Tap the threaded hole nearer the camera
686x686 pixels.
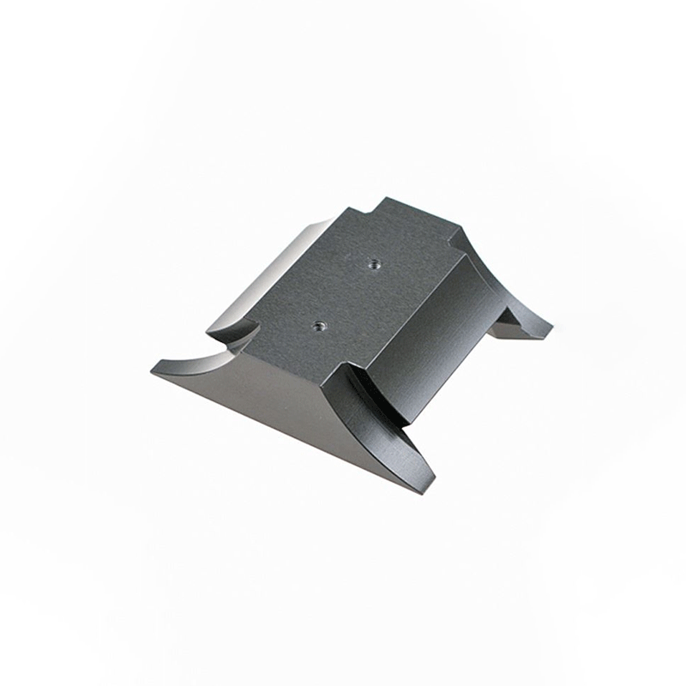[x=319, y=325]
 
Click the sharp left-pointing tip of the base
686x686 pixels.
[x=153, y=370]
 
